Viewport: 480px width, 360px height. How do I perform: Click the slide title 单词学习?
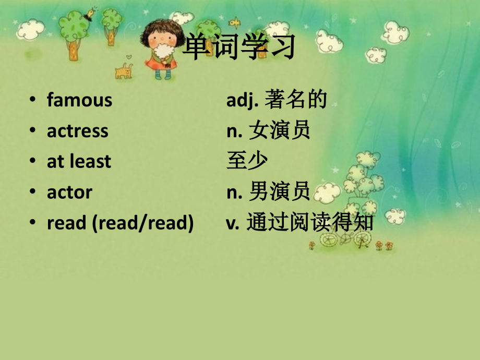click(239, 47)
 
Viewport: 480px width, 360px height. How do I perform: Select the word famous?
click(79, 100)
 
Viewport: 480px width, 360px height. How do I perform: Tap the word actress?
click(78, 130)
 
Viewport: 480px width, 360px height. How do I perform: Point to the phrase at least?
click(79, 161)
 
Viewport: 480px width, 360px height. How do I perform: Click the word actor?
click(69, 192)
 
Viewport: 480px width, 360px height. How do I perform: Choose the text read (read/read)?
click(120, 223)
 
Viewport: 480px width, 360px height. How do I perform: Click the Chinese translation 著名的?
click(296, 100)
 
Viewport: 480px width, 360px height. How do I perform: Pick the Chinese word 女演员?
click(279, 130)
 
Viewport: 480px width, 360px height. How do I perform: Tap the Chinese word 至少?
click(247, 161)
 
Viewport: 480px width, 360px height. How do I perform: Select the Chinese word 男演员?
click(279, 192)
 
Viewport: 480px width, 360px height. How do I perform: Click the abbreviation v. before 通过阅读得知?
click(232, 223)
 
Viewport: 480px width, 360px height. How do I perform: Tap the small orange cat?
click(124, 71)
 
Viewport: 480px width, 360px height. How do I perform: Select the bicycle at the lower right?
click(344, 238)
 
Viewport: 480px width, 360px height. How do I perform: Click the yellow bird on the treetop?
click(92, 11)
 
